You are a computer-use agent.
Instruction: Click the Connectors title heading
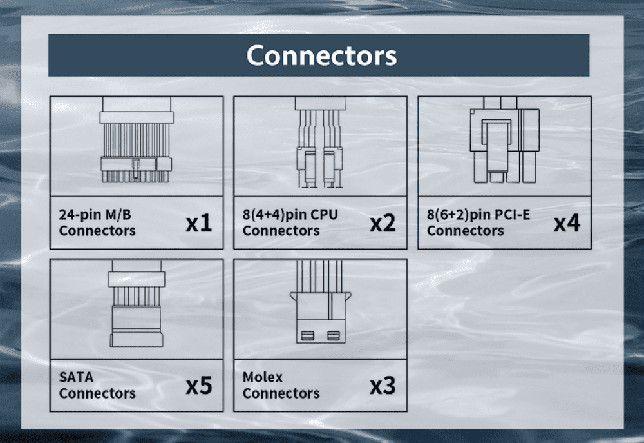tap(321, 55)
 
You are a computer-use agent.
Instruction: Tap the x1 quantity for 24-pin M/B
tap(198, 223)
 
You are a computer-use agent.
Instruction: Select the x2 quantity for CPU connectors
tap(383, 223)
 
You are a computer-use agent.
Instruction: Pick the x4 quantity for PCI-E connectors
tap(567, 223)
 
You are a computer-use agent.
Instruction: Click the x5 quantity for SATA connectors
tap(198, 386)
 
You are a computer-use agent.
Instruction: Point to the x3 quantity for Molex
tap(383, 386)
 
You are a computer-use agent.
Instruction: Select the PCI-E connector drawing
tap(504, 143)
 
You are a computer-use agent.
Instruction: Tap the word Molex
tap(263, 377)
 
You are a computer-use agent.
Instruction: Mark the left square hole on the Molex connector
tap(307, 335)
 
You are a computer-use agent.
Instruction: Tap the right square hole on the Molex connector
tap(333, 335)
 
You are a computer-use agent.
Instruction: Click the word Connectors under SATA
tap(97, 393)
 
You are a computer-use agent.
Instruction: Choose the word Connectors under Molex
tap(281, 393)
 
